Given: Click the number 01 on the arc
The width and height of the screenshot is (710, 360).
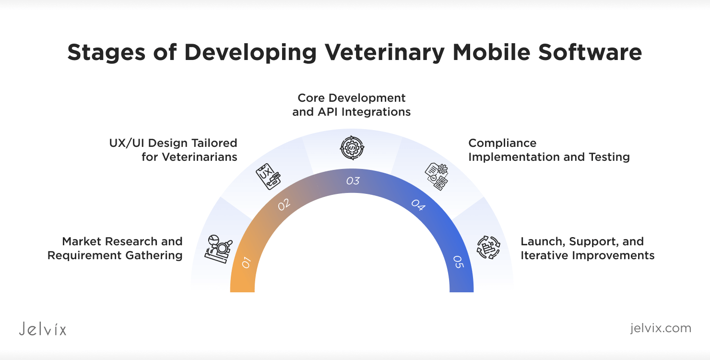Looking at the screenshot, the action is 246,263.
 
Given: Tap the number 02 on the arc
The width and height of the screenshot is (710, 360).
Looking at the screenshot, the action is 284,204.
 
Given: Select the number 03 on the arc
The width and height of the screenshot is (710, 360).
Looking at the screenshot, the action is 353,181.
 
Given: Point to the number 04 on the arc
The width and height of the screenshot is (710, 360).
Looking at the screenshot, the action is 418,205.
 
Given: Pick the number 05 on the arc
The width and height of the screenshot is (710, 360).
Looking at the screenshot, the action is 459,262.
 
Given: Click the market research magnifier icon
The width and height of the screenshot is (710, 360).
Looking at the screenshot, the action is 219,249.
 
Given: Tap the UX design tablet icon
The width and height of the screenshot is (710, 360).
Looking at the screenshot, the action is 268,176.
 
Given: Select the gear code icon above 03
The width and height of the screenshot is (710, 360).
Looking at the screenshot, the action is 352,148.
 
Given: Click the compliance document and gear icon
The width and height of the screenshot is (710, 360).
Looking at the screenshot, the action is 437,176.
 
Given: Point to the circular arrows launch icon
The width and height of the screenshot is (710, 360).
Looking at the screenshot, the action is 488,247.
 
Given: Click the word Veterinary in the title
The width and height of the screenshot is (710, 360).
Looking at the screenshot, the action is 385,52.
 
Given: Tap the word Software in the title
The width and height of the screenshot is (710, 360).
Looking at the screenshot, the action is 590,52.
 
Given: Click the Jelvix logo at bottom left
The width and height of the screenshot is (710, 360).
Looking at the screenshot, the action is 43,329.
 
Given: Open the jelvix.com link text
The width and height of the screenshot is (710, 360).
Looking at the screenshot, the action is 661,328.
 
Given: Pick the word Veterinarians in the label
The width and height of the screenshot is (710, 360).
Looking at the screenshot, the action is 200,157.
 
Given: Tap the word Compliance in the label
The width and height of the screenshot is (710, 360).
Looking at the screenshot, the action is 502,144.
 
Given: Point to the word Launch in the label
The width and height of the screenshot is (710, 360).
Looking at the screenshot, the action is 543,242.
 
